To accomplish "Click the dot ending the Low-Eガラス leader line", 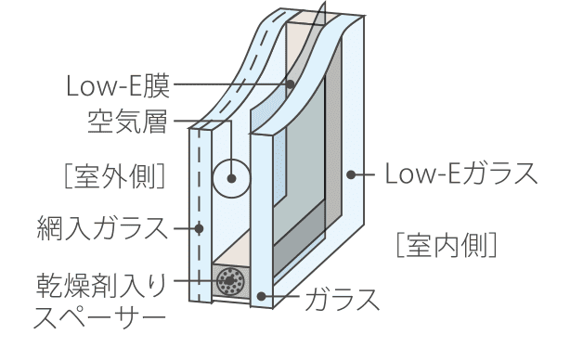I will [352, 174].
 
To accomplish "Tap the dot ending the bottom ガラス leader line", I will [264, 297].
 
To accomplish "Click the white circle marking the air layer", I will [229, 177].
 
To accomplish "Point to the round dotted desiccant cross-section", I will [227, 280].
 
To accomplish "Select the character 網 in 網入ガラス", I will [50, 226].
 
